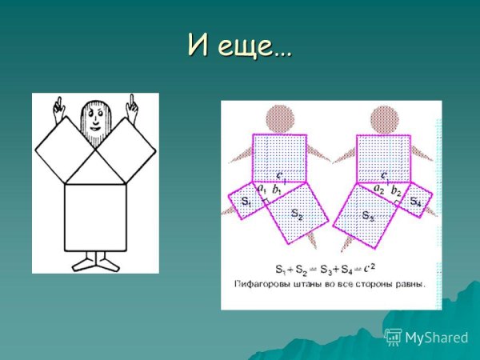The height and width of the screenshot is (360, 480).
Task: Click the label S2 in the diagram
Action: (x=296, y=214)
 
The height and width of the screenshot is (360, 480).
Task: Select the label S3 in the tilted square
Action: (x=367, y=215)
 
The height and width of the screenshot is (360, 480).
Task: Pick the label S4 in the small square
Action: (x=415, y=202)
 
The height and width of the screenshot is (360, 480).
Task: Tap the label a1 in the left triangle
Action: (x=261, y=190)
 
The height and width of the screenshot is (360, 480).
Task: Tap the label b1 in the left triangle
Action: (x=277, y=190)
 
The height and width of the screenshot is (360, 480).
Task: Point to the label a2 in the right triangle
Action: (x=379, y=190)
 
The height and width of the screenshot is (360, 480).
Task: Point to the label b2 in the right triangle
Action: (x=396, y=190)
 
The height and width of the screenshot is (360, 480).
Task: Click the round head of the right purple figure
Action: (x=382, y=117)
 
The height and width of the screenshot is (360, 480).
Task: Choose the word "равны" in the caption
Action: (x=410, y=283)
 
